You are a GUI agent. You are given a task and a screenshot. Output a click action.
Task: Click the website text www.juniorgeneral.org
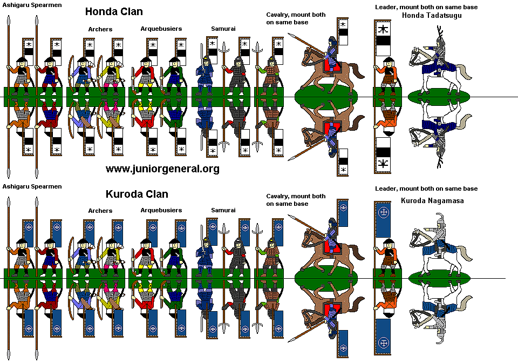[162, 169]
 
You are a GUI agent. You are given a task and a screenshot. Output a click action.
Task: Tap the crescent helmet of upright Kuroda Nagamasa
[441, 219]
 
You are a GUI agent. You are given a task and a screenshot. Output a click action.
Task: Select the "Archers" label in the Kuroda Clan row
[100, 211]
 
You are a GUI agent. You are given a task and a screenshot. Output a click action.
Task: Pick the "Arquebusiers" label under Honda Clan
[161, 28]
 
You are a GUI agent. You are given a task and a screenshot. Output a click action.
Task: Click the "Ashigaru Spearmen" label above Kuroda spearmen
[31, 186]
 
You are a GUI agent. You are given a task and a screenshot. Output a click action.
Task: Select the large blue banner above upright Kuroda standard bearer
[383, 219]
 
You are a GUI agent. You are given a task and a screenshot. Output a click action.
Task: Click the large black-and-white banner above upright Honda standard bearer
[383, 38]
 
